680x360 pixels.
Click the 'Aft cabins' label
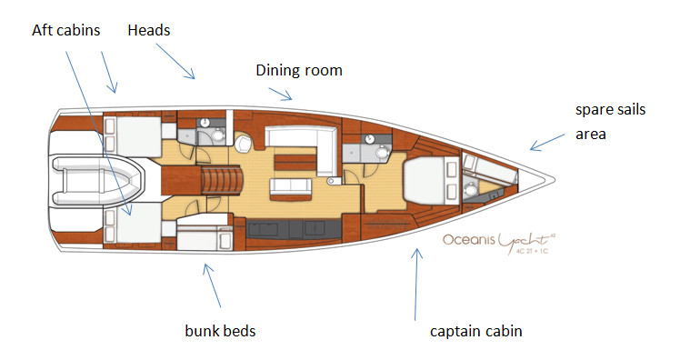[x=67, y=30]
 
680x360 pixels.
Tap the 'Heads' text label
[x=149, y=30]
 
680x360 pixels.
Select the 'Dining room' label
[x=298, y=70]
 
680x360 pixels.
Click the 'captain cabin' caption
[x=475, y=331]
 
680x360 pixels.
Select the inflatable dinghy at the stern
[x=96, y=179]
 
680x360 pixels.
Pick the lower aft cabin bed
[x=133, y=223]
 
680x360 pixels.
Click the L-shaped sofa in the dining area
[x=300, y=141]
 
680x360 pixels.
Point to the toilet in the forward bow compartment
[x=470, y=191]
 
